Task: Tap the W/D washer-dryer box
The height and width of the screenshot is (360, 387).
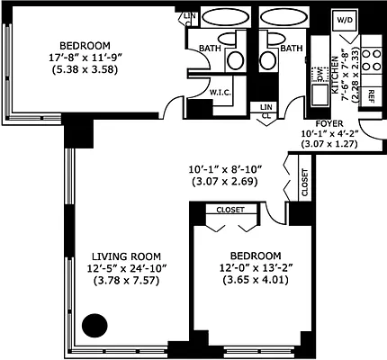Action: (x=345, y=20)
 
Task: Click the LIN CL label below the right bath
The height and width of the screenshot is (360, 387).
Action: (x=265, y=110)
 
